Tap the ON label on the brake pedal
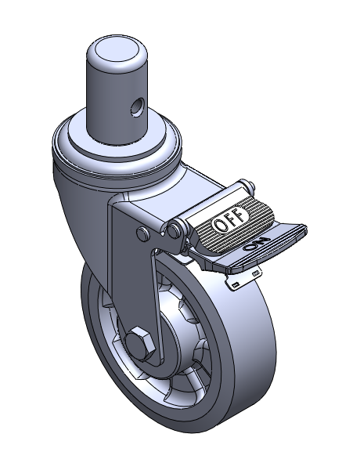[257, 244]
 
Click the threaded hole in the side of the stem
[137, 107]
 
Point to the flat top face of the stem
[117, 50]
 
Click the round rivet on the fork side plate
[143, 233]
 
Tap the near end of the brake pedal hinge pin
[174, 230]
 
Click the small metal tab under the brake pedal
[244, 277]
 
